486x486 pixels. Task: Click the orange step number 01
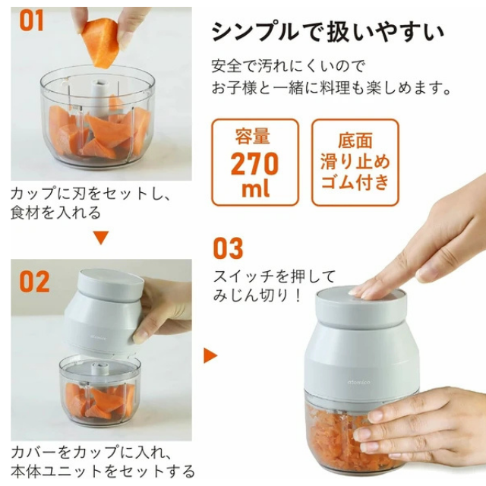click(32, 21)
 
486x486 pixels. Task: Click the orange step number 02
click(34, 281)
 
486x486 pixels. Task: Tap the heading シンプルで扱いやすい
click(328, 32)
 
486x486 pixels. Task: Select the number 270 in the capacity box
click(254, 164)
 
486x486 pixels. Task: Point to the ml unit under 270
click(254, 189)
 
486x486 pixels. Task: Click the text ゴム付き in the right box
click(355, 182)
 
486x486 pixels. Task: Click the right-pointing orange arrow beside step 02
click(210, 355)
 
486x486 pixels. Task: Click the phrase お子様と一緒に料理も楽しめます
click(331, 88)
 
